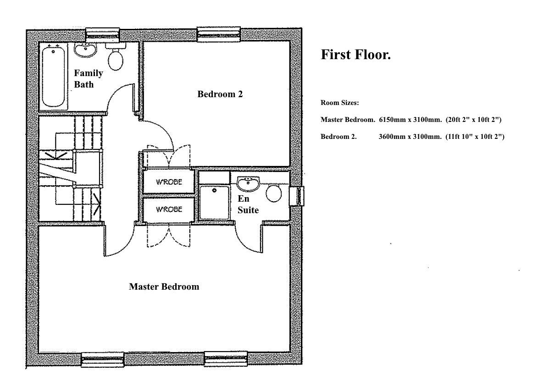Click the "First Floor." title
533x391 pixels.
click(355, 55)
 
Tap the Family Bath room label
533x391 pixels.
click(89, 78)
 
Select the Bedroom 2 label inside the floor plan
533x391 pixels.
click(220, 94)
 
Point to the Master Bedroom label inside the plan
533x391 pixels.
click(164, 287)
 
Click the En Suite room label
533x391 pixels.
click(248, 205)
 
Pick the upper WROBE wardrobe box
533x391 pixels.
click(169, 182)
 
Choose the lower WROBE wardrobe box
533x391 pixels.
click(169, 209)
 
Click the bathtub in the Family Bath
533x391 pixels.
click(53, 77)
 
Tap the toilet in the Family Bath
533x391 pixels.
click(115, 58)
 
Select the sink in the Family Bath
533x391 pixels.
click(85, 50)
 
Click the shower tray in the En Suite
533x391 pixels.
click(214, 202)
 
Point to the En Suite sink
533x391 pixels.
click(249, 184)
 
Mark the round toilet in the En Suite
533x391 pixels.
click(274, 193)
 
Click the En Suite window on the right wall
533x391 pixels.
click(299, 196)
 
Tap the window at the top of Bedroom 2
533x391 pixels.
click(218, 34)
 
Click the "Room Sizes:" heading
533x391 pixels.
click(339, 103)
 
